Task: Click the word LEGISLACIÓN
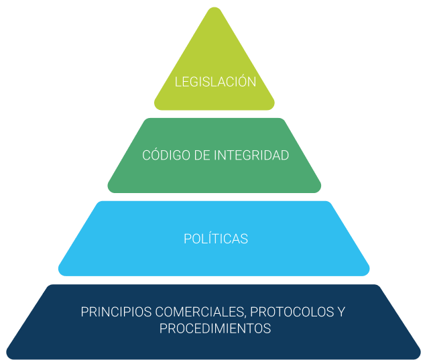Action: click(215, 82)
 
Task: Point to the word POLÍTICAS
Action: click(215, 239)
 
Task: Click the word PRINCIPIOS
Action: click(117, 312)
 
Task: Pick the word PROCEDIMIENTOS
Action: click(215, 329)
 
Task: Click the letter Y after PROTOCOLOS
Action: click(341, 312)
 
